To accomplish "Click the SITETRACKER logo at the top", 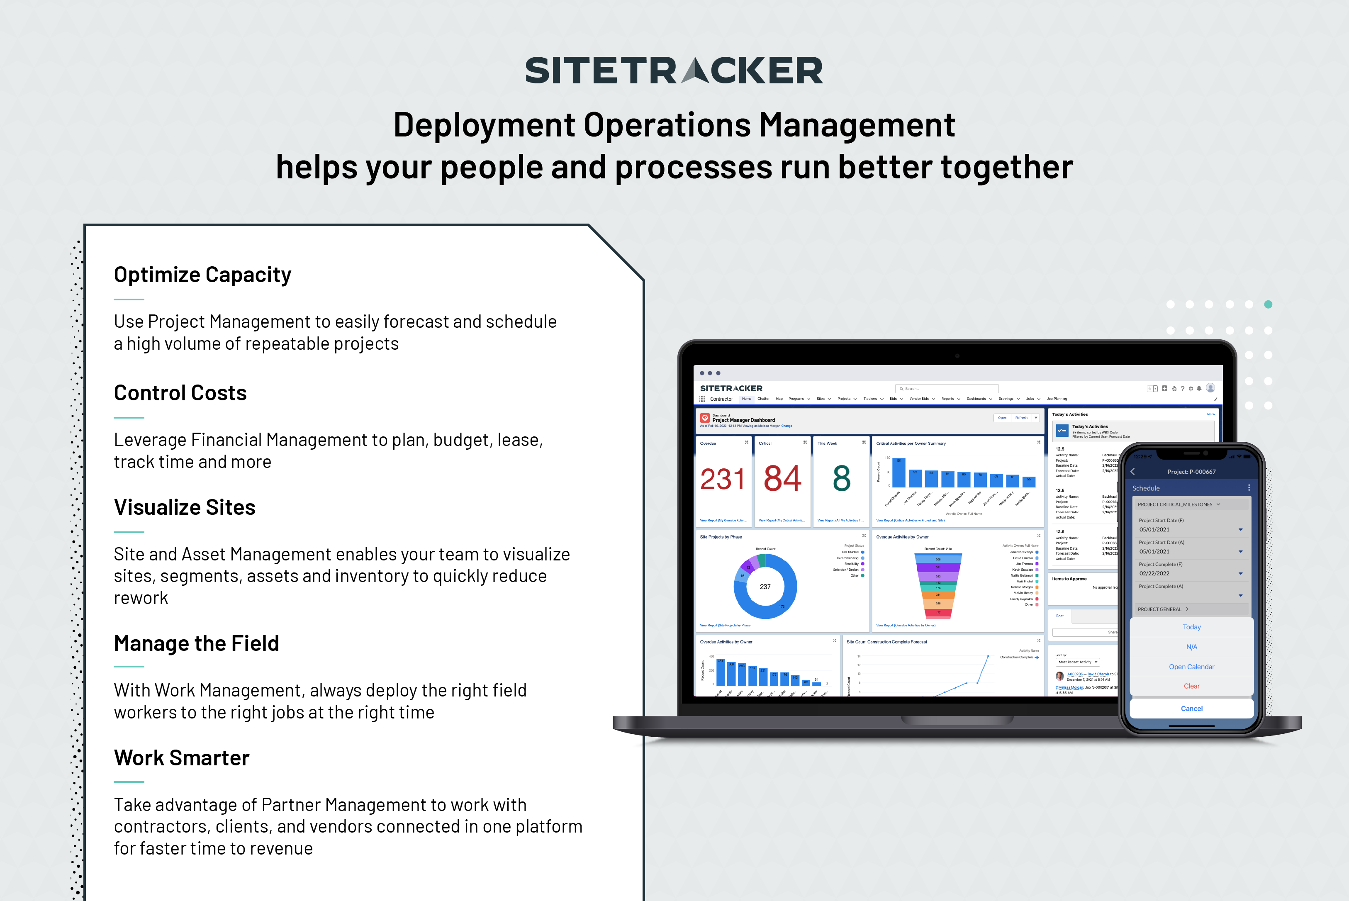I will (673, 71).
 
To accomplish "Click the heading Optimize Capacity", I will (202, 275).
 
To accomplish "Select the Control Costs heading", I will (180, 393).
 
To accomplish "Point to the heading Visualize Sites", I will (185, 507).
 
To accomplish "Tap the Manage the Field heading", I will (196, 643).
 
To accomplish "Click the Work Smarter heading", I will (182, 758).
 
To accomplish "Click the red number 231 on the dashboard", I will (722, 479).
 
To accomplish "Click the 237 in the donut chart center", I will (765, 587).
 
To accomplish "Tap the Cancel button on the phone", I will (1191, 709).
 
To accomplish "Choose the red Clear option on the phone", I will (1191, 686).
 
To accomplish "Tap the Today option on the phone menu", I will (1191, 627).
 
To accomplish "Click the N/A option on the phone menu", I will (1191, 647).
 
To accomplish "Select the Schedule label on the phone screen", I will (1146, 488).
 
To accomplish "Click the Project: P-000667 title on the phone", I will (1191, 472).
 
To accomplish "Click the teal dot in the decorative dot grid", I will (1268, 304).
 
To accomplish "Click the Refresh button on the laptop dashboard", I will (1021, 418).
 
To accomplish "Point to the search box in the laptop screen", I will (946, 388).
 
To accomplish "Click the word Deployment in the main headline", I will (485, 125).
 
